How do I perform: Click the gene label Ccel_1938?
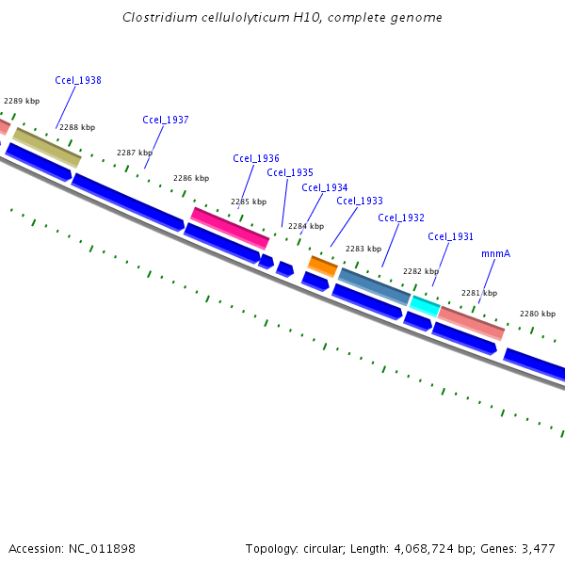pyautogui.click(x=78, y=81)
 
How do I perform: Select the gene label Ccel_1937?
pyautogui.click(x=166, y=121)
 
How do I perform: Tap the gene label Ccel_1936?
pyautogui.click(x=256, y=158)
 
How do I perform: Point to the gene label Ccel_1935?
pyautogui.click(x=290, y=172)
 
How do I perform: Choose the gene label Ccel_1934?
pyautogui.click(x=325, y=187)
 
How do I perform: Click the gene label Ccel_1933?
pyautogui.click(x=360, y=201)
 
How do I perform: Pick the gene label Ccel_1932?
pyautogui.click(x=401, y=218)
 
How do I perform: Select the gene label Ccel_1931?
pyautogui.click(x=450, y=237)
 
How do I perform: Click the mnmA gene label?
pyautogui.click(x=495, y=254)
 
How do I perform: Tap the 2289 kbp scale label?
pyautogui.click(x=22, y=101)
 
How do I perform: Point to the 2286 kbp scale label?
pyautogui.click(x=191, y=178)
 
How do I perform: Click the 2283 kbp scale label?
pyautogui.click(x=363, y=250)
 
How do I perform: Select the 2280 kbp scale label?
pyautogui.click(x=538, y=314)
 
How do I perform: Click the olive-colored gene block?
pyautogui.click(x=47, y=147)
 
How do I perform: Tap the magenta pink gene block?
pyautogui.click(x=230, y=229)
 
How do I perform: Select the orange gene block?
pyautogui.click(x=323, y=266)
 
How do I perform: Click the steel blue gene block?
pyautogui.click(x=374, y=286)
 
